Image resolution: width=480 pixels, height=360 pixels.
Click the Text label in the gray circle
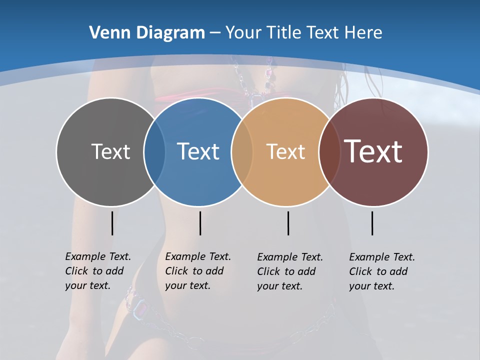point(110,151)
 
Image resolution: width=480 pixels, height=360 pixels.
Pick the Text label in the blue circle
point(198,151)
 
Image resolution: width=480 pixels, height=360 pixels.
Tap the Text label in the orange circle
point(285,151)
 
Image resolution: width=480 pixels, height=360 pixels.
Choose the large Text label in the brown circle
point(373,151)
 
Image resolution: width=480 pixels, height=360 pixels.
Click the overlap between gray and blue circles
point(154,151)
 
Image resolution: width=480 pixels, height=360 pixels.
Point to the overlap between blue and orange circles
point(242,151)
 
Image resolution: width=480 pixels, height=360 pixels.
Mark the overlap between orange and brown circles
point(329,151)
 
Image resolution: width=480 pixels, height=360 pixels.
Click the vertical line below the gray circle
point(112,223)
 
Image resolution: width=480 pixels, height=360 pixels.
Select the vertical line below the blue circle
point(200,223)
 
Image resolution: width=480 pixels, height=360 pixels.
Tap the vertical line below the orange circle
point(288,223)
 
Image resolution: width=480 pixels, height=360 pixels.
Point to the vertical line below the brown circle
point(372,223)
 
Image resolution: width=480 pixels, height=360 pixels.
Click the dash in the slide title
point(215,33)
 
